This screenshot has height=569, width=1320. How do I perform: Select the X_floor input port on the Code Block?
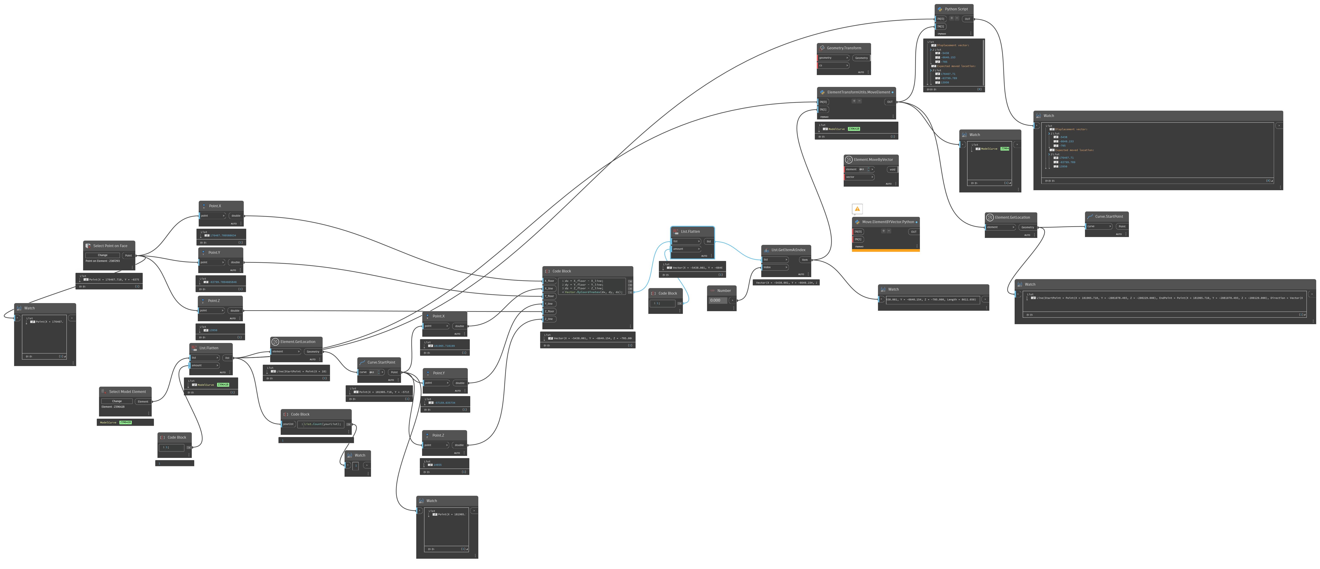tap(549, 281)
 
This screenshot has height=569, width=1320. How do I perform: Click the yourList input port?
tap(289, 424)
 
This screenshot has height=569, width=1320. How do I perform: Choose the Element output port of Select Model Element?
tap(143, 401)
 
